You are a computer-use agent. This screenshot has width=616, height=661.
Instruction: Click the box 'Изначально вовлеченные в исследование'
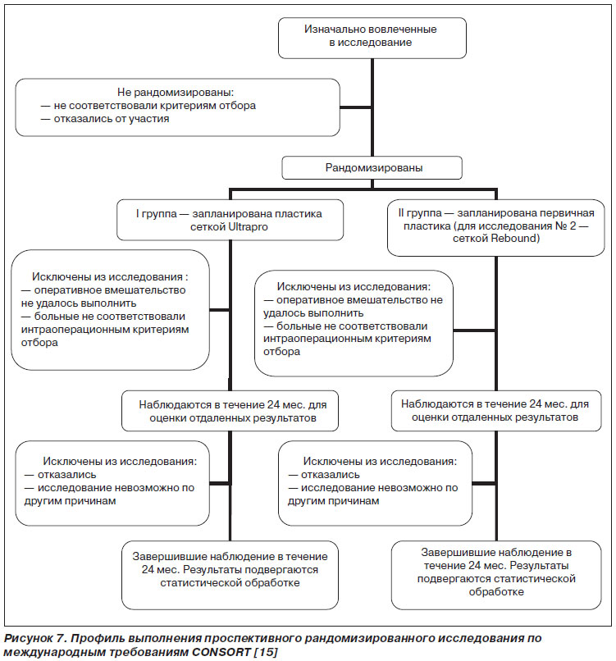click(372, 38)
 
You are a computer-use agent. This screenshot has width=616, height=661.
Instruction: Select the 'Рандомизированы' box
click(372, 168)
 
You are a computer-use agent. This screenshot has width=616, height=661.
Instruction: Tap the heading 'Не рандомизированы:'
click(176, 92)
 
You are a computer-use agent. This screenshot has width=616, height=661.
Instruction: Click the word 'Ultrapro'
click(249, 227)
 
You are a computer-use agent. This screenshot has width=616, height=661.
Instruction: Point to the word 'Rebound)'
click(516, 238)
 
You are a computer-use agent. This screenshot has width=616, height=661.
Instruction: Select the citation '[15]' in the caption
click(266, 652)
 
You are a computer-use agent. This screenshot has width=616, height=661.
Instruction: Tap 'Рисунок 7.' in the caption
click(35, 638)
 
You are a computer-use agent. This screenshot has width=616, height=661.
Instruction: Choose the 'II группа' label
click(420, 213)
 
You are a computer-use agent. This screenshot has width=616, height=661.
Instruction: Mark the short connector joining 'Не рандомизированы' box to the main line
click(355, 107)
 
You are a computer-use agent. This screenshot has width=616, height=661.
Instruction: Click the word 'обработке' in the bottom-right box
click(496, 592)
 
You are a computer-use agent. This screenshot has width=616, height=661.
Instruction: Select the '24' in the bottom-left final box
click(148, 569)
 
